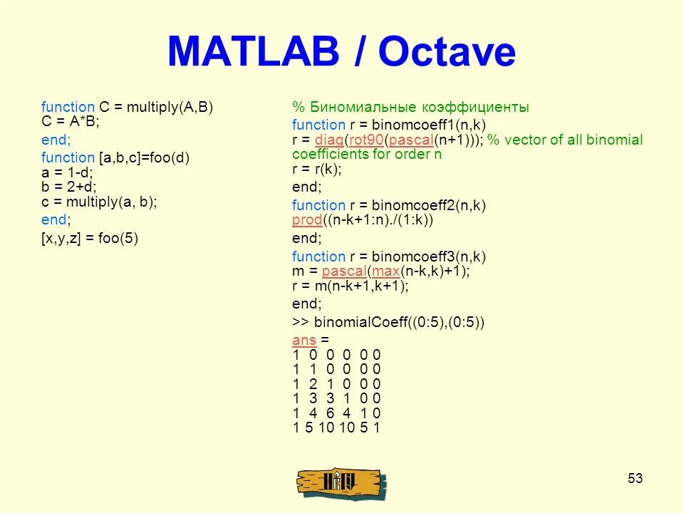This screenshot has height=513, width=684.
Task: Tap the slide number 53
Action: tap(635, 478)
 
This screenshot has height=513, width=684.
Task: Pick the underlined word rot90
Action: tap(366, 140)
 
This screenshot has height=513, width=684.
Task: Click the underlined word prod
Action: tap(307, 220)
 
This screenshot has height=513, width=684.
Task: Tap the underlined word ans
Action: tap(304, 340)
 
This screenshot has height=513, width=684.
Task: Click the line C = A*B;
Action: tap(71, 121)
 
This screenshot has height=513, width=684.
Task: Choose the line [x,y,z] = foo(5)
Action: tap(90, 239)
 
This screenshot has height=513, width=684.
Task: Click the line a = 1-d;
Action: tap(67, 172)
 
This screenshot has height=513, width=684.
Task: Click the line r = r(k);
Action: tap(317, 170)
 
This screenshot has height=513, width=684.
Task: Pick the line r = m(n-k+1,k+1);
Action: tap(350, 286)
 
